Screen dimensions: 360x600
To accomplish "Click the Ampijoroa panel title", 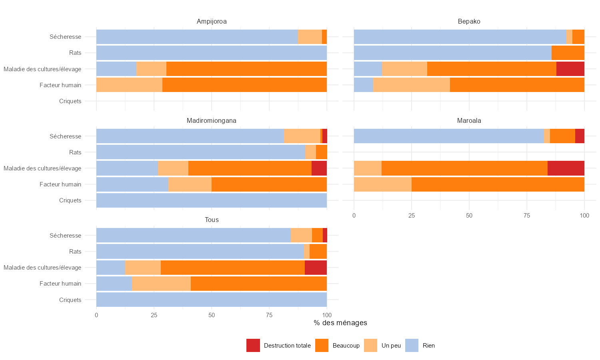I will [x=212, y=21].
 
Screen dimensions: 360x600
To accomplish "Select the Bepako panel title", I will [x=469, y=21].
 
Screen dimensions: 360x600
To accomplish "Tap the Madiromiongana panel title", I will [x=212, y=120].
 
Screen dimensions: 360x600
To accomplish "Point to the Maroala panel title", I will [x=469, y=120].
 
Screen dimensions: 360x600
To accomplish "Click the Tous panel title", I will [x=212, y=220].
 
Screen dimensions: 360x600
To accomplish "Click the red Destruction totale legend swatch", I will [x=253, y=346].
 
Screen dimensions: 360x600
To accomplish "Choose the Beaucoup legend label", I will [x=346, y=346].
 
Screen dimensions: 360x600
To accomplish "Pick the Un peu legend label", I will [x=391, y=346].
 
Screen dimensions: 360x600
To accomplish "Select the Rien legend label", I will [x=428, y=346].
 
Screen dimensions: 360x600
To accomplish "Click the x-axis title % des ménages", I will [x=340, y=323].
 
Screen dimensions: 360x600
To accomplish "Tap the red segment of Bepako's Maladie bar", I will [x=570, y=69].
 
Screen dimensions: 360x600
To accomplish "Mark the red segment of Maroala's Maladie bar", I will [x=566, y=168].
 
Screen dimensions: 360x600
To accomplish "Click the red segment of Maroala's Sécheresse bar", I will [x=580, y=136].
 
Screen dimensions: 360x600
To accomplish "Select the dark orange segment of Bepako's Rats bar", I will [x=568, y=53].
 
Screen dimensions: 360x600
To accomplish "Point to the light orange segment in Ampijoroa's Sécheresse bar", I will [x=310, y=37].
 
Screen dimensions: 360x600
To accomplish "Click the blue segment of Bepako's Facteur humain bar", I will [x=363, y=85].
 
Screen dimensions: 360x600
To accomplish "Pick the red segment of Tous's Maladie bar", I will [x=316, y=268].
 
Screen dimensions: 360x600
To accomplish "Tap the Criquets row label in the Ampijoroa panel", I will [x=70, y=101].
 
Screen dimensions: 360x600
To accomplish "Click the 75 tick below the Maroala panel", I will [x=527, y=216].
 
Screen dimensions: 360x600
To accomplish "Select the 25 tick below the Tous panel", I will [x=154, y=315].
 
